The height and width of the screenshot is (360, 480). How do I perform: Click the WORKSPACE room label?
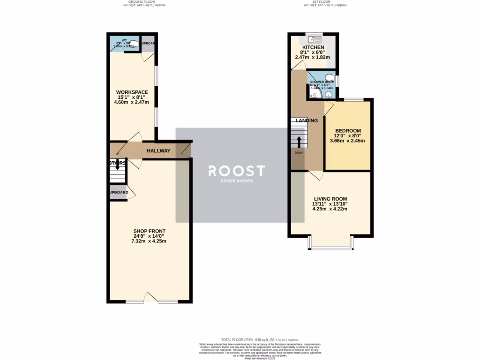pos(133,92)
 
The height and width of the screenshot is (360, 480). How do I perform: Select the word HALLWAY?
pos(158,151)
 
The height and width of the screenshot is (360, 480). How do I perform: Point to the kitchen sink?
pos(313,39)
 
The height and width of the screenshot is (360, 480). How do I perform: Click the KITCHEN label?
pos(313,48)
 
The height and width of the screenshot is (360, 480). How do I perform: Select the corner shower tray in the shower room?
pos(314,95)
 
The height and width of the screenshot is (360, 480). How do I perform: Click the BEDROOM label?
pos(347,130)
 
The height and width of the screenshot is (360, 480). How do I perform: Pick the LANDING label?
pos(307,120)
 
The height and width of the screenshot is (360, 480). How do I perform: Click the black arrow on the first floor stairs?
pos(299,142)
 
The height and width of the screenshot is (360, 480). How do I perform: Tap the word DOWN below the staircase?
pos(299,153)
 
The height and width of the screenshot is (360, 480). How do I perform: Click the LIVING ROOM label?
pos(330,199)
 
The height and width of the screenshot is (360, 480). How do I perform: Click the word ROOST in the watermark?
pos(237,171)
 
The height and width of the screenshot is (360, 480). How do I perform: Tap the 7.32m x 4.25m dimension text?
pos(149,241)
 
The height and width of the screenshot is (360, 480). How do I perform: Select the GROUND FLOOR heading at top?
pos(145,2)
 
